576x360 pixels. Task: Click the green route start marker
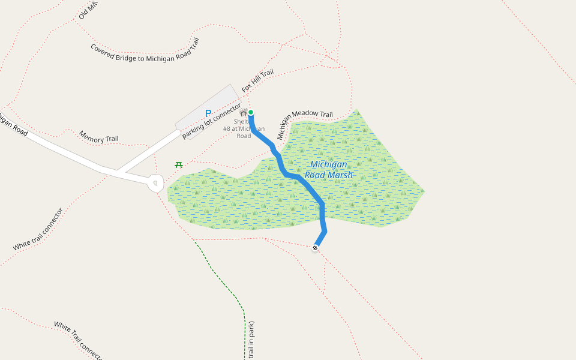tap(251, 112)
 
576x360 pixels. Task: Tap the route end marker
tap(316, 247)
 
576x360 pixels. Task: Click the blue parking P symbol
tap(208, 113)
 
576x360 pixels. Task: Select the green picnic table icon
tap(179, 164)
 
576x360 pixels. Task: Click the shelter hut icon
tap(243, 112)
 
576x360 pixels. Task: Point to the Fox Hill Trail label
tap(258, 81)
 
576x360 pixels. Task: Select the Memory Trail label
tap(99, 136)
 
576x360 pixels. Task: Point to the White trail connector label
tap(38, 230)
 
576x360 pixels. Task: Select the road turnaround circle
tap(156, 183)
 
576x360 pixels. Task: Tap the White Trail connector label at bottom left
tap(78, 340)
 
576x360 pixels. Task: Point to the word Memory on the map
tap(91, 134)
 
